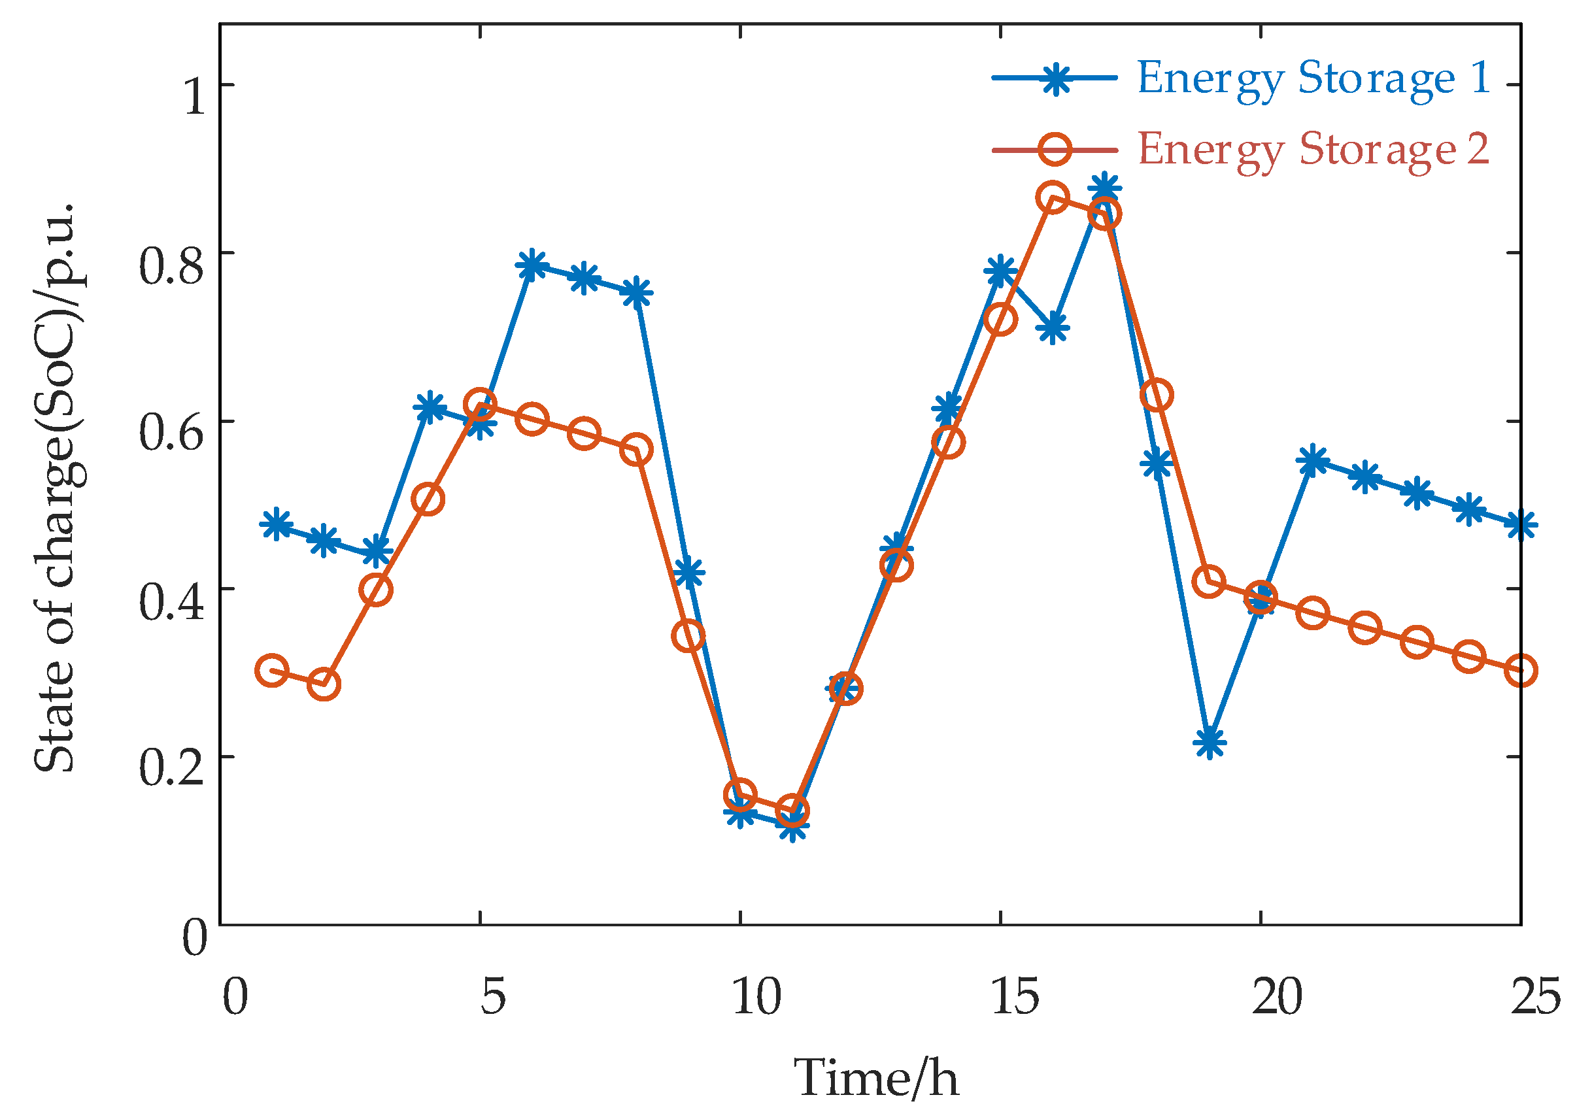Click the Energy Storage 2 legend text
(x=1312, y=150)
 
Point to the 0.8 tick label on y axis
(x=171, y=266)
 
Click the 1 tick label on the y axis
(x=194, y=97)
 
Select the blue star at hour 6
(x=532, y=265)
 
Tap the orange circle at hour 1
(x=273, y=670)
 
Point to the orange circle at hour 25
(x=1521, y=671)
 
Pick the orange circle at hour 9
(x=688, y=637)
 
